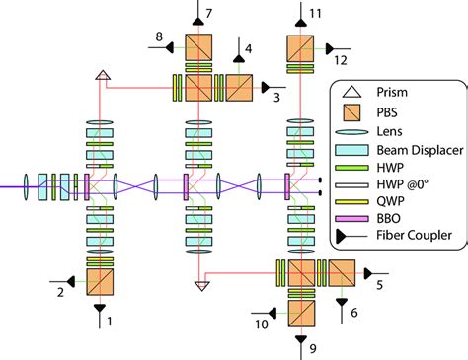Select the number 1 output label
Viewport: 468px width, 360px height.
(x=110, y=321)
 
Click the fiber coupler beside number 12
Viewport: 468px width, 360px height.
(x=331, y=45)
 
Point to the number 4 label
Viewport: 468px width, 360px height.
(x=248, y=48)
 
